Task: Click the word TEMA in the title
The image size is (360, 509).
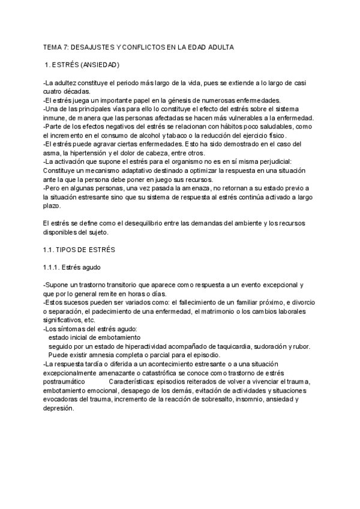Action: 53,46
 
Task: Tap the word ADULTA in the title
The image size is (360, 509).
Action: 218,46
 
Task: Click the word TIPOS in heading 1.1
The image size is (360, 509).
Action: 70,248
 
